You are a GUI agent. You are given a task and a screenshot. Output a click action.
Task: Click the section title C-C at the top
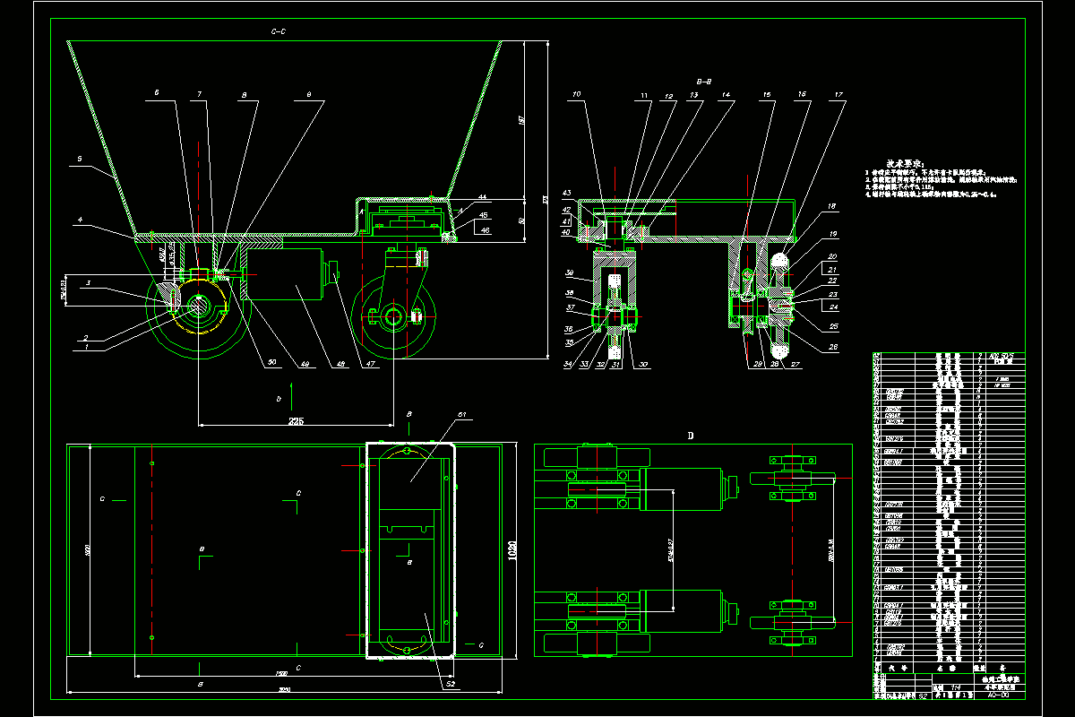pyautogui.click(x=278, y=31)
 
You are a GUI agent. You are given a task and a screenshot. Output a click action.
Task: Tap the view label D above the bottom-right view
pyautogui.click(x=690, y=436)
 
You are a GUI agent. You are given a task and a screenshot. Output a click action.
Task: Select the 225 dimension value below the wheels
pyautogui.click(x=296, y=420)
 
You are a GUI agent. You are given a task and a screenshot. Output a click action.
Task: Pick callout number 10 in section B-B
pyautogui.click(x=577, y=94)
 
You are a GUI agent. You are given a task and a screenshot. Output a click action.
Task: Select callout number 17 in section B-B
pyautogui.click(x=838, y=94)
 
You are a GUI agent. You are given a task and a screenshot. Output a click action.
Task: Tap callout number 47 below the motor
pyautogui.click(x=369, y=363)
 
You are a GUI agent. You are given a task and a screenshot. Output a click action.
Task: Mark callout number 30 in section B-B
pyautogui.click(x=642, y=364)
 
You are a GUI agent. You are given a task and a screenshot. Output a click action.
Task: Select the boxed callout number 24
pyautogui.click(x=835, y=306)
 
